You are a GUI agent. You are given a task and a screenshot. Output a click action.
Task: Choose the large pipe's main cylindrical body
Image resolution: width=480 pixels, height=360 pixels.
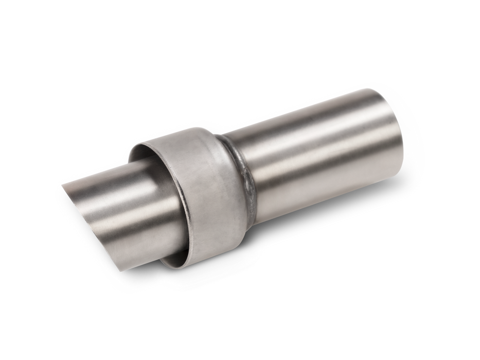click(x=319, y=154)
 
